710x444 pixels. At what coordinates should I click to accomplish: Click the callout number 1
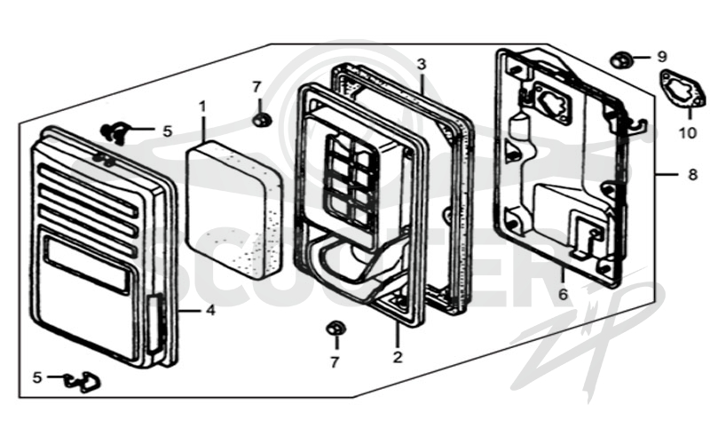pyautogui.click(x=202, y=107)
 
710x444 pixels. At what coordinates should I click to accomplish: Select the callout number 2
pyautogui.click(x=398, y=357)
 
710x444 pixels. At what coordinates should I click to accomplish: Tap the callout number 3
pyautogui.click(x=422, y=64)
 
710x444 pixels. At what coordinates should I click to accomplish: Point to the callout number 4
pyautogui.click(x=210, y=311)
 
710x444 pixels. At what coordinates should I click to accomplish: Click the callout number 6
pyautogui.click(x=563, y=295)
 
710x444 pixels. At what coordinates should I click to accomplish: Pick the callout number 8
pyautogui.click(x=693, y=174)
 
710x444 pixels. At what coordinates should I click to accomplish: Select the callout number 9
pyautogui.click(x=662, y=58)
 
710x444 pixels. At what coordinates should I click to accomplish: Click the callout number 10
pyautogui.click(x=687, y=133)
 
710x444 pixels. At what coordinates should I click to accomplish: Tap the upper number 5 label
pyautogui.click(x=168, y=131)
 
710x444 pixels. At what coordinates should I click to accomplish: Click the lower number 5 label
pyautogui.click(x=37, y=377)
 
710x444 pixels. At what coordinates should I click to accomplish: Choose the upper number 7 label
pyautogui.click(x=256, y=87)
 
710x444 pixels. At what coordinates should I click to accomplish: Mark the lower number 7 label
pyautogui.click(x=335, y=362)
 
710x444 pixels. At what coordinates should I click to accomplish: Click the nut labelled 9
pyautogui.click(x=618, y=60)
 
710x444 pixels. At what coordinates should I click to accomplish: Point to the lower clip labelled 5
pyautogui.click(x=83, y=382)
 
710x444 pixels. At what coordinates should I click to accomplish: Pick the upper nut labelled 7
pyautogui.click(x=261, y=121)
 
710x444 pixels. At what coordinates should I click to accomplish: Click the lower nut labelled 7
pyautogui.click(x=335, y=328)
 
